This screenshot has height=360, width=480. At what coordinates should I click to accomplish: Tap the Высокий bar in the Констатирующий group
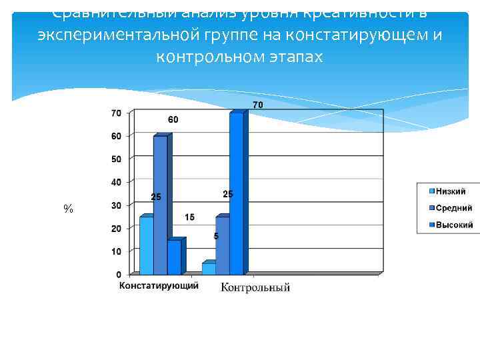pyautogui.click(x=174, y=257)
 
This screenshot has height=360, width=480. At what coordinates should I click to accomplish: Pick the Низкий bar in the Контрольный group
pyautogui.click(x=209, y=268)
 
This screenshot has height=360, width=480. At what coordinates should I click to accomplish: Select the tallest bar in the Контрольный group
pyautogui.click(x=236, y=193)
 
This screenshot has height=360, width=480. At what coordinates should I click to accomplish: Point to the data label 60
pyautogui.click(x=173, y=120)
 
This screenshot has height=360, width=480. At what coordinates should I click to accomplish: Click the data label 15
pyautogui.click(x=190, y=218)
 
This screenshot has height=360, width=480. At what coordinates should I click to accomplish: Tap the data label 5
pyautogui.click(x=216, y=237)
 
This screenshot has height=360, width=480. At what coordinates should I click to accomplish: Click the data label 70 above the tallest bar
pyautogui.click(x=257, y=105)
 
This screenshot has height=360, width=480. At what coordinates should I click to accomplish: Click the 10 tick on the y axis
pyautogui.click(x=115, y=251)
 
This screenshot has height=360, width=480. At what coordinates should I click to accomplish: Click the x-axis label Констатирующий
pyautogui.click(x=159, y=286)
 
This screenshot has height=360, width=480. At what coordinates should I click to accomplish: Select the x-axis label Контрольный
pyautogui.click(x=255, y=287)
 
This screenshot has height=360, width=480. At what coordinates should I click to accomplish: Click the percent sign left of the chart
pyautogui.click(x=68, y=209)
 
